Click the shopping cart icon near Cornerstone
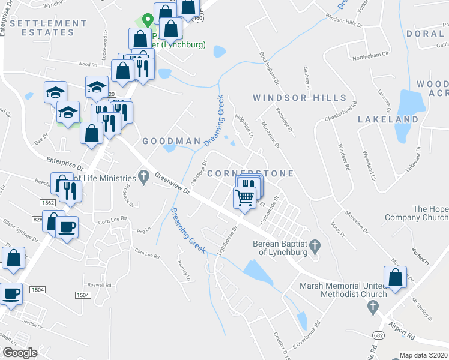244,197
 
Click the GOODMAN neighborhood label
171,141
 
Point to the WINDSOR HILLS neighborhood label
300,98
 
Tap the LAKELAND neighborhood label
388,119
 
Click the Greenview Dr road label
172,184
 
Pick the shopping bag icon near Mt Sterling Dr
395,278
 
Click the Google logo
20,353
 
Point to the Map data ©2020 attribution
424,355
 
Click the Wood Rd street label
87,64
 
